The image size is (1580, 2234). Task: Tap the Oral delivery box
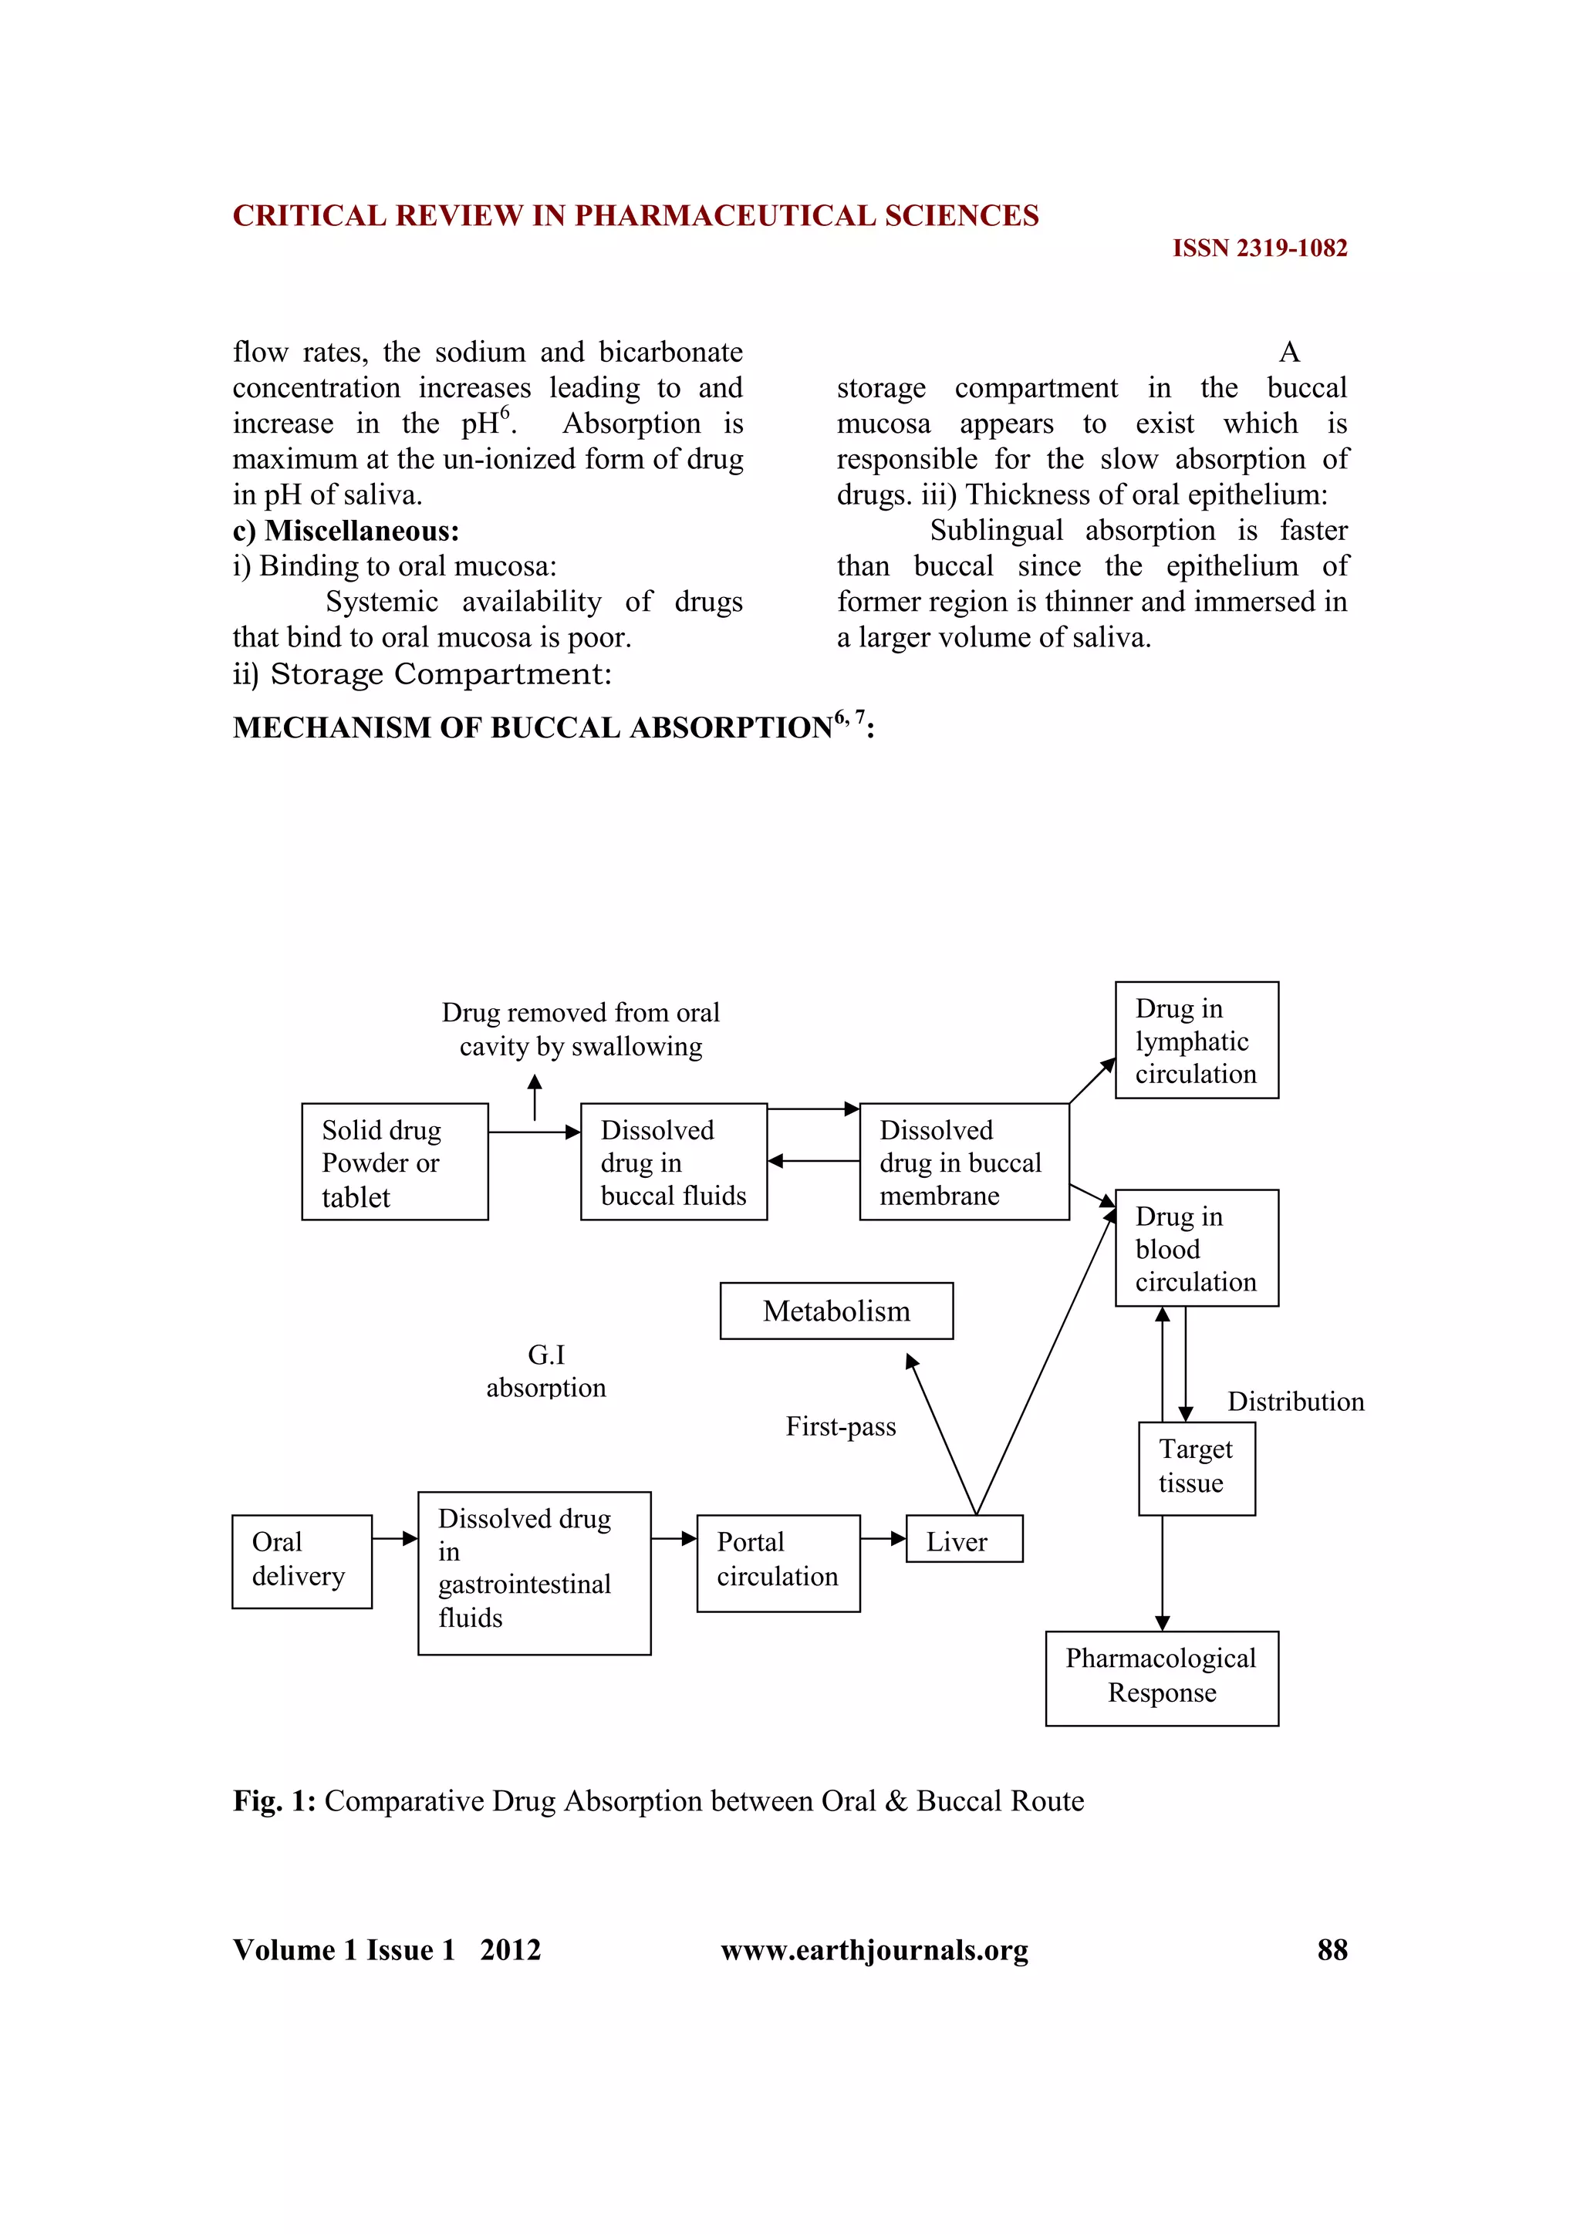pos(302,1561)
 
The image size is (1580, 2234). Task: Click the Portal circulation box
pos(778,1563)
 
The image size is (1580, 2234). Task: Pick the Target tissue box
pos(1196,1468)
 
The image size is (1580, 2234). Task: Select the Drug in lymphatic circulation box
pos(1196,1040)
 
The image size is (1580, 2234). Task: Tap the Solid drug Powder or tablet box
pos(394,1162)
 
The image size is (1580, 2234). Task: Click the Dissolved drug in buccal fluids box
pos(674,1162)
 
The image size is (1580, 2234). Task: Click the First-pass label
pos(841,1426)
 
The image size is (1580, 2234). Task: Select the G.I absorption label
pos(545,1371)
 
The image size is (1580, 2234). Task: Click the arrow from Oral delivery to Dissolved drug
pos(394,1538)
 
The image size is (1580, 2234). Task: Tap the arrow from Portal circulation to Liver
pos(883,1538)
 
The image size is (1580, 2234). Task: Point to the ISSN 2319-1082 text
pos(1259,248)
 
